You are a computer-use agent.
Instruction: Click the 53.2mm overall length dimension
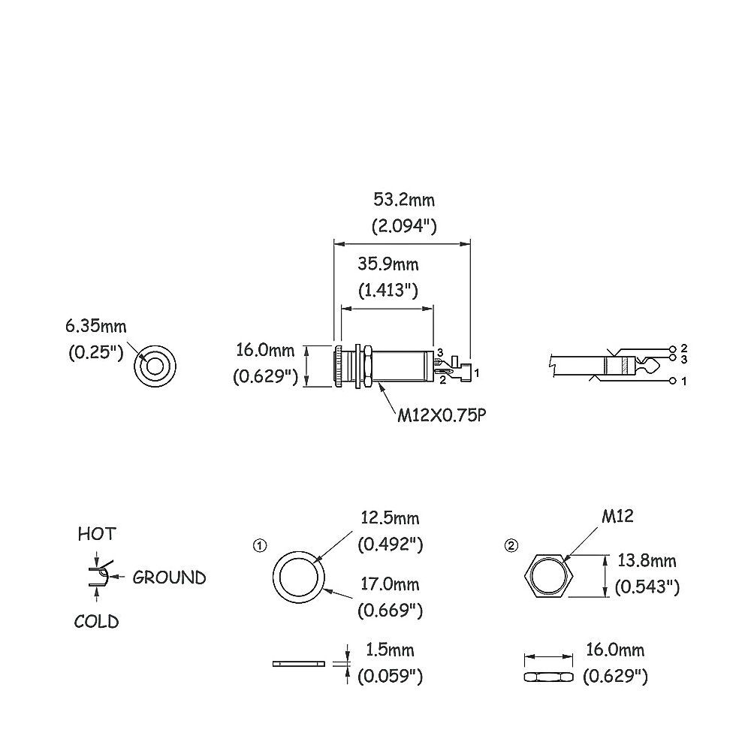tap(404, 200)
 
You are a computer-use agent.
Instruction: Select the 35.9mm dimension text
tap(388, 264)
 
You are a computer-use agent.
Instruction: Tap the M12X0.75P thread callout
tap(442, 415)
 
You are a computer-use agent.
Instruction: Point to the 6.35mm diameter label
tap(96, 327)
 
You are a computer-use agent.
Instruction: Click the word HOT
tap(97, 534)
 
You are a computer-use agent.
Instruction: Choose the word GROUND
tap(169, 578)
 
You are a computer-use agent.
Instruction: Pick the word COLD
tap(96, 622)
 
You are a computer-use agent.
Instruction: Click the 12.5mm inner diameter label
tap(390, 518)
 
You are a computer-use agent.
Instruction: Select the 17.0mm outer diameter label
tap(390, 584)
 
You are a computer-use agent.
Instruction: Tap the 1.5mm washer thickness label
tap(390, 650)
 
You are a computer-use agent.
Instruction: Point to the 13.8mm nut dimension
tap(647, 560)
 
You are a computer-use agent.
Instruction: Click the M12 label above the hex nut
tap(617, 516)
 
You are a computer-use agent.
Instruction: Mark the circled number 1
tap(260, 545)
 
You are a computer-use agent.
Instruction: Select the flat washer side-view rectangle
tap(299, 664)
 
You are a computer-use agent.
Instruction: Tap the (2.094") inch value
tap(404, 226)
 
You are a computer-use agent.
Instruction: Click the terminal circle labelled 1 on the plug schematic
tap(672, 381)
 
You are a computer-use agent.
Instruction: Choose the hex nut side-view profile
tap(549, 677)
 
